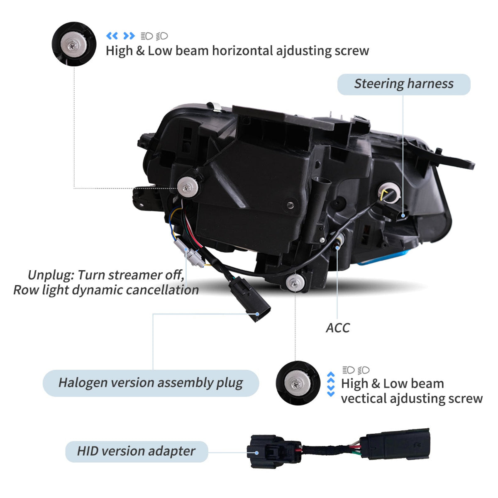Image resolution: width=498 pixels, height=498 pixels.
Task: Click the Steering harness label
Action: [404, 84]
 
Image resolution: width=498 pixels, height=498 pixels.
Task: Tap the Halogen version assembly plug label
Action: [151, 383]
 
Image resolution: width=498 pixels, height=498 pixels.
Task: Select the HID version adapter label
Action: [137, 452]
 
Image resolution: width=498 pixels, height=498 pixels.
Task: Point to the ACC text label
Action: [338, 328]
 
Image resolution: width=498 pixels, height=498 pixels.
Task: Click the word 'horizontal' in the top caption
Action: [242, 51]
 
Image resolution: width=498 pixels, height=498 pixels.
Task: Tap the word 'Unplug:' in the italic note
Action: [51, 275]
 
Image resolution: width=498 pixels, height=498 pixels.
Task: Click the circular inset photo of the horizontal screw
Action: [74, 44]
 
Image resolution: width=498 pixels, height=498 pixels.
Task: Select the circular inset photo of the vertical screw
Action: [298, 383]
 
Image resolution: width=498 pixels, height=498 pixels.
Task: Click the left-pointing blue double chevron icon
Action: [112, 36]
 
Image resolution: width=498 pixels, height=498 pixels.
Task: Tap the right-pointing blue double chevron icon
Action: [129, 36]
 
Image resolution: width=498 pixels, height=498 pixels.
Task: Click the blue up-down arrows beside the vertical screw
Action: [331, 384]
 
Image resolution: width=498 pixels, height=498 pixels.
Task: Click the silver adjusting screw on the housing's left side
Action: [188, 187]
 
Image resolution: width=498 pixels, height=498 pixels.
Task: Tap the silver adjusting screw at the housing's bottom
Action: [295, 283]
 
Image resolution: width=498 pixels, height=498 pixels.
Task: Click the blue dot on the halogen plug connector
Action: [257, 314]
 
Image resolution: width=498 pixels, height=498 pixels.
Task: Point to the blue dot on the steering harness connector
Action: [403, 215]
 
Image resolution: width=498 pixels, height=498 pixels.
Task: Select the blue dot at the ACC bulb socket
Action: [337, 248]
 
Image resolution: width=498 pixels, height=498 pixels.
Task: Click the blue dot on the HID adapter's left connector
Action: [256, 453]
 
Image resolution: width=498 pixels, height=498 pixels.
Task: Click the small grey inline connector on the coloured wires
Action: [189, 253]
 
